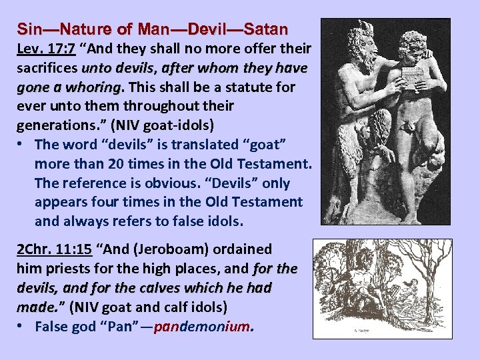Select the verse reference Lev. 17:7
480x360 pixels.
coord(45,49)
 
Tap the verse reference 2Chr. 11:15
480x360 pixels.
coord(54,249)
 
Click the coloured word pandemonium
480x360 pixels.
coord(203,327)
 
